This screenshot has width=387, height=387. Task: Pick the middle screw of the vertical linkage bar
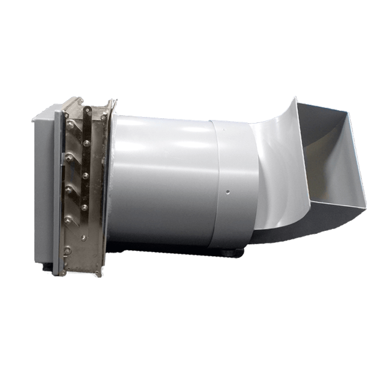point(86,175)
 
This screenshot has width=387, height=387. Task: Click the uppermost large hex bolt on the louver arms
point(71,124)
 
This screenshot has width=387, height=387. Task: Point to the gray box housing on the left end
point(45,187)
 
